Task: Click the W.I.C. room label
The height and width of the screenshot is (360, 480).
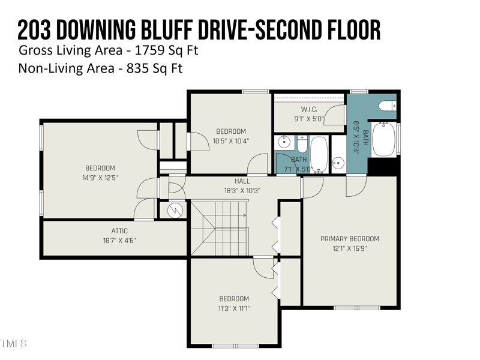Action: click(x=309, y=109)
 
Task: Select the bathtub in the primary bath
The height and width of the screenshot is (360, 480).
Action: click(x=383, y=139)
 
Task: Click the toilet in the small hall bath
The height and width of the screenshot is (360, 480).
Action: click(x=302, y=146)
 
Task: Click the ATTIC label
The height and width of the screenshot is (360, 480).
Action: click(x=119, y=231)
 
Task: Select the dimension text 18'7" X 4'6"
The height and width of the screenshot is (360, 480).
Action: click(x=119, y=241)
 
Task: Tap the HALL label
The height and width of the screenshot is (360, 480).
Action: click(x=242, y=181)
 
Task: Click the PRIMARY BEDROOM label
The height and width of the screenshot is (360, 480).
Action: click(x=350, y=239)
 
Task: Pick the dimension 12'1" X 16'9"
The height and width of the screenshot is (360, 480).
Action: click(x=350, y=248)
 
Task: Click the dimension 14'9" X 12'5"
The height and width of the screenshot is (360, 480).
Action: click(x=100, y=178)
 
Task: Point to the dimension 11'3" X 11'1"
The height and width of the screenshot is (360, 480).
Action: click(x=233, y=308)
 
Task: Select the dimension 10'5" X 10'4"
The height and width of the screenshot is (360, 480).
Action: click(x=231, y=141)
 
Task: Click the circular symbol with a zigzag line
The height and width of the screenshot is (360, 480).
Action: click(x=175, y=209)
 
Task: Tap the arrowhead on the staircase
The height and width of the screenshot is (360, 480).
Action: click(x=244, y=215)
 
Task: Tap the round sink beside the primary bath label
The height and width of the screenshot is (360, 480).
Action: click(x=338, y=162)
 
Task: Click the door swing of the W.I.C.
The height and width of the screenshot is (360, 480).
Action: click(x=337, y=113)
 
